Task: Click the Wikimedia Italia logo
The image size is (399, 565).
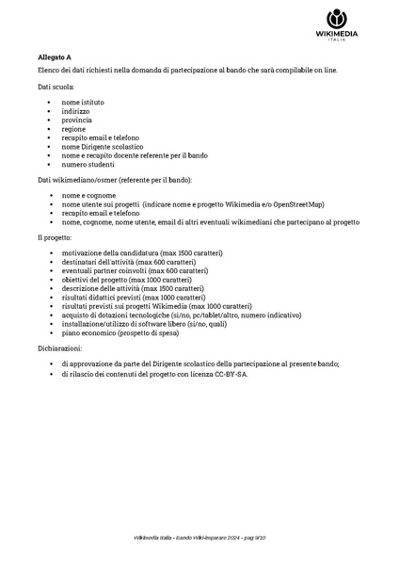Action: tap(336, 25)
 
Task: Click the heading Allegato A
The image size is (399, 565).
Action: tap(55, 56)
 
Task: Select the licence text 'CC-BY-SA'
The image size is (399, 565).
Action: tap(231, 374)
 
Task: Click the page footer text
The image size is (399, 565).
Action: tap(199, 537)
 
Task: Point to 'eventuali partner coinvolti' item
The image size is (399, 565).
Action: tap(125, 272)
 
